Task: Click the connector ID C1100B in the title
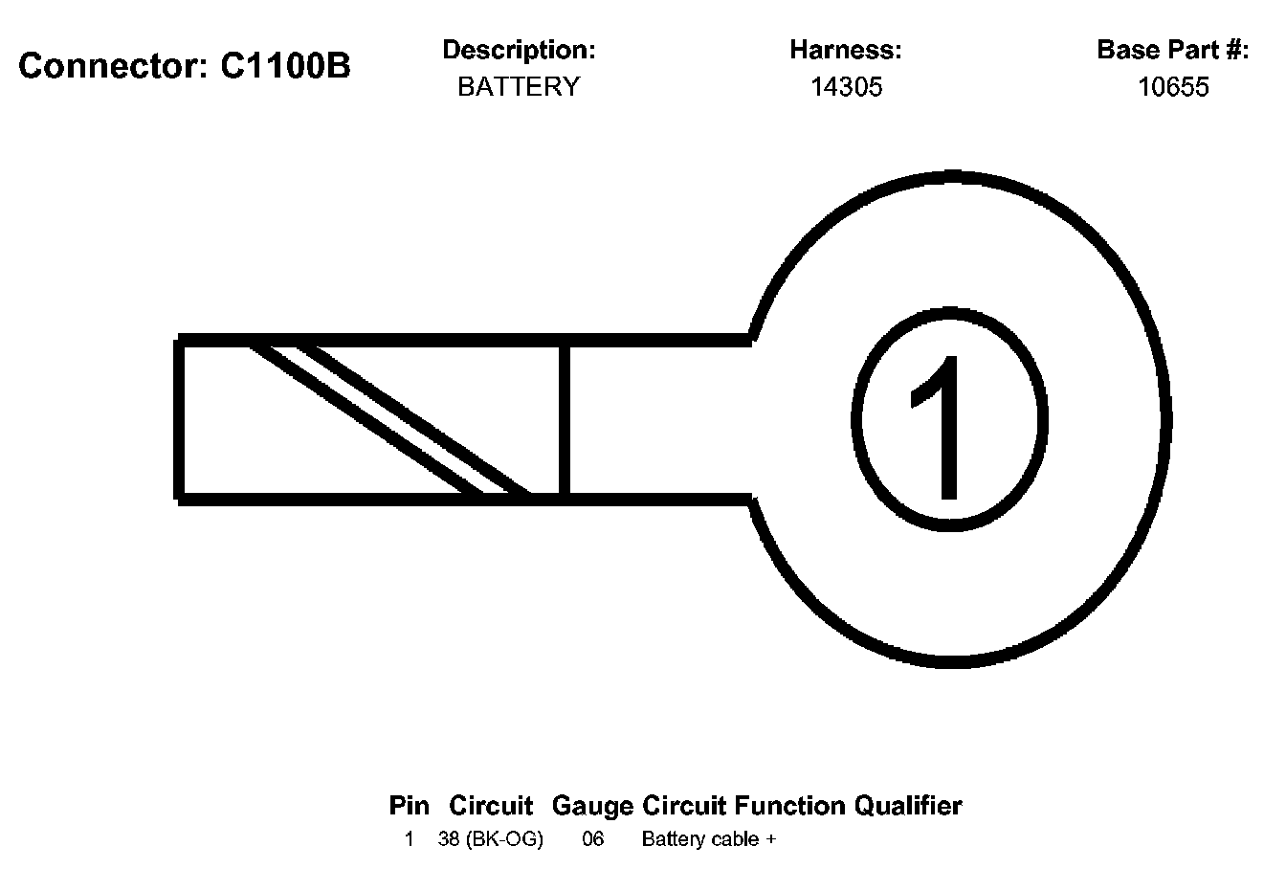(x=285, y=66)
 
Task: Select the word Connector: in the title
(x=115, y=66)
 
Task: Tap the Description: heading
(x=519, y=50)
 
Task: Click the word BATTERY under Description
(x=519, y=87)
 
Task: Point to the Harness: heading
(x=846, y=50)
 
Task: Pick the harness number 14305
(x=846, y=87)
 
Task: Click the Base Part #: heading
(x=1172, y=50)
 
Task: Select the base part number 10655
(x=1173, y=87)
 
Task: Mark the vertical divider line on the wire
(x=565, y=419)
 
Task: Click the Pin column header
(x=410, y=806)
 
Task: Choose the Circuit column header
(x=491, y=806)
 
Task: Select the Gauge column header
(x=593, y=806)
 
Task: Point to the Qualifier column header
(x=908, y=806)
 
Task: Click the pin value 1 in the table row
(x=410, y=839)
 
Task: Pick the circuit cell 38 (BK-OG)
(x=491, y=839)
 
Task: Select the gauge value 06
(x=593, y=839)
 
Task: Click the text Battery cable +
(x=708, y=839)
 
